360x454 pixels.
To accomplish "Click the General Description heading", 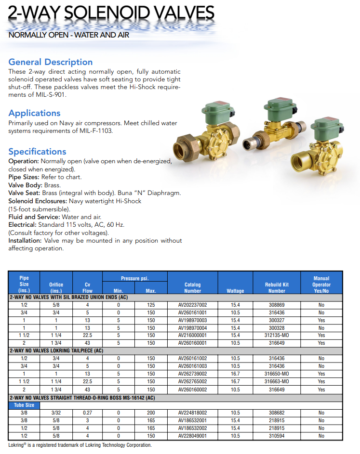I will tap(51, 62).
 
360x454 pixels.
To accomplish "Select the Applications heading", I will tap(34, 113).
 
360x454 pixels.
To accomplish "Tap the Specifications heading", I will tap(37, 152).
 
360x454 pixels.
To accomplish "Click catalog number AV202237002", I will tap(192, 305).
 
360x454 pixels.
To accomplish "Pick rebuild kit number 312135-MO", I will tap(277, 336).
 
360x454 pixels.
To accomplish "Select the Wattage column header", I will tap(235, 291).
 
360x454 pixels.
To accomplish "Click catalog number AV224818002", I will tap(192, 413).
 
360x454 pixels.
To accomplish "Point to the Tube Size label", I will tap(24, 405).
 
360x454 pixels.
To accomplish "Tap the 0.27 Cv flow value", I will tap(87, 413).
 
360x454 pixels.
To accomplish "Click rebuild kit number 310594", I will tap(277, 436).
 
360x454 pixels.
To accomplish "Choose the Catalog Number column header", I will tap(192, 287).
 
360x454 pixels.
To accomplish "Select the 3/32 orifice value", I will tap(56, 413).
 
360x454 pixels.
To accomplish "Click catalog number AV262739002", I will tap(192, 374).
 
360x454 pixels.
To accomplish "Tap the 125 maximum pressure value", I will tap(151, 305).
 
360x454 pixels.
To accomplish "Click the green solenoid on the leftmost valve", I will tap(215, 115).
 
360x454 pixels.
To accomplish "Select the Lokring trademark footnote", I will tap(80, 445).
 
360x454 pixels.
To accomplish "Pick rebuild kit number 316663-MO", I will tap(277, 382).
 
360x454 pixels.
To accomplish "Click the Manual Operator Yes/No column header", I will tap(321, 285).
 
